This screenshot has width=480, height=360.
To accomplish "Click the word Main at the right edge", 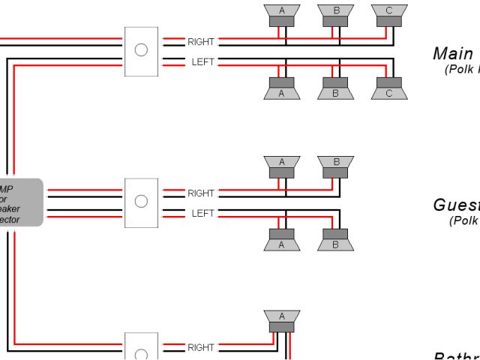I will coord(453,54).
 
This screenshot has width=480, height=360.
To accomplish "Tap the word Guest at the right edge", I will coord(457,205).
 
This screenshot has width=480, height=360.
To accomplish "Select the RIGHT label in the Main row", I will coord(201,41).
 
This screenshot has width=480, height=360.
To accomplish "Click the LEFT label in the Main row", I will coord(202,61).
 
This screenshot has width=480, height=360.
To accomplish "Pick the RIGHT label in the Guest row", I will coord(201,193).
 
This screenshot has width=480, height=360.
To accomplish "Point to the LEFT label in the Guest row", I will coord(202,213).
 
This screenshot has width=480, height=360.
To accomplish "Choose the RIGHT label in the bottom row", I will coord(201,347).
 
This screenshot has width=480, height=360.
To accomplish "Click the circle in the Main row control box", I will coord(140,50).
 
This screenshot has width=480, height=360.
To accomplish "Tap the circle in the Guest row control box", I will coord(140,201).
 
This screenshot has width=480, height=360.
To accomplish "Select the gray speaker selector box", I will coord(21,202).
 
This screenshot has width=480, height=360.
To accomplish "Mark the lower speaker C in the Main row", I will coord(388,89).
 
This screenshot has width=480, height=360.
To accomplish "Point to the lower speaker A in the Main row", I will coord(282,89).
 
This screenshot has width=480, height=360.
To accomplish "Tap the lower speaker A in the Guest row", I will coord(282,240).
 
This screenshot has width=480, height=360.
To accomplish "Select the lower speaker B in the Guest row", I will coord(335,240).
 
